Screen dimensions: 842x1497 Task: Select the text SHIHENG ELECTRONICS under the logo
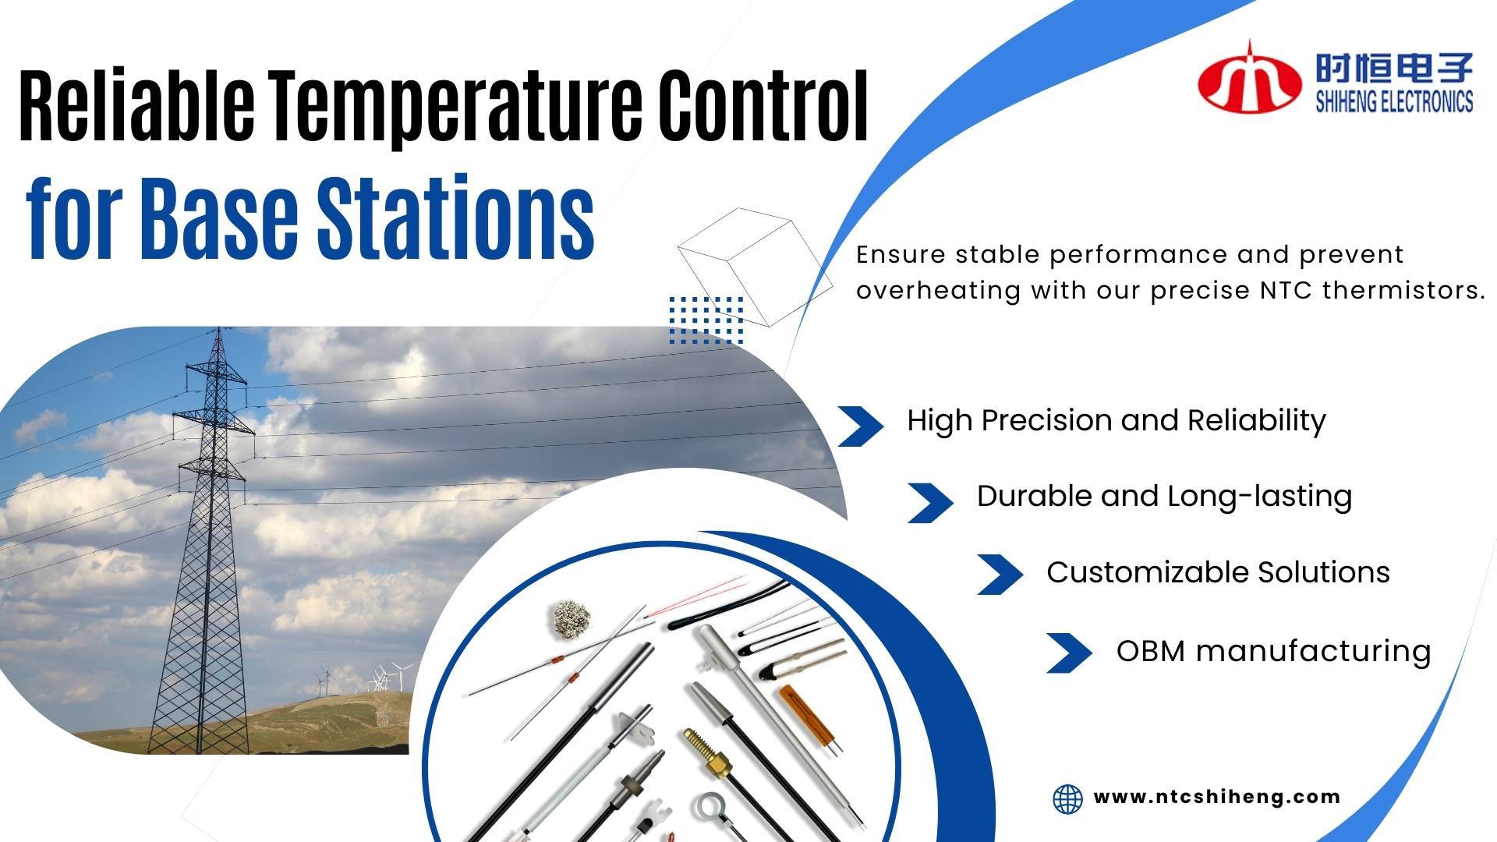(1394, 102)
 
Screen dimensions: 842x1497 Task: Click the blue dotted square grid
(706, 320)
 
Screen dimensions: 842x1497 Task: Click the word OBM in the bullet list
(1150, 651)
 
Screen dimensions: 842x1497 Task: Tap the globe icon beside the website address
(1067, 799)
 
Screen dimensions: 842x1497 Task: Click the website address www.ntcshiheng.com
(1216, 797)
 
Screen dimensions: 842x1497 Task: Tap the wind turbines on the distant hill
(382, 678)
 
